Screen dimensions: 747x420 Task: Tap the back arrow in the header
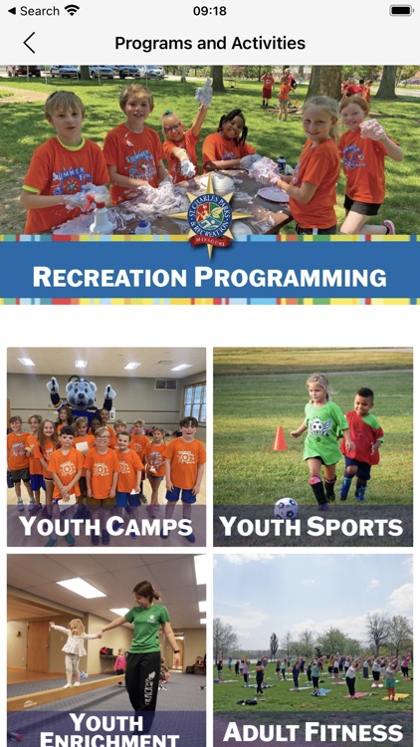click(29, 43)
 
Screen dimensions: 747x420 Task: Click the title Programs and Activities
click(210, 43)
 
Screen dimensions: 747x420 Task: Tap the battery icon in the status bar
click(401, 11)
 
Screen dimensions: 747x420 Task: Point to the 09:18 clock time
click(210, 11)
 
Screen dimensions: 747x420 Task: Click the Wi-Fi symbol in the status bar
click(72, 11)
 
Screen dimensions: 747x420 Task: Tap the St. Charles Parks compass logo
click(210, 212)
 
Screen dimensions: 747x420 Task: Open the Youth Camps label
click(106, 526)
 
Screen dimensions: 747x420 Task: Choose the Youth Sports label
click(314, 526)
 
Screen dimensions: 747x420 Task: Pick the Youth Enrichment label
click(106, 729)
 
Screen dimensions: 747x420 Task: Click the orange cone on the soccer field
click(281, 438)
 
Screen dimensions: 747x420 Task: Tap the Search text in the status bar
click(39, 11)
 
